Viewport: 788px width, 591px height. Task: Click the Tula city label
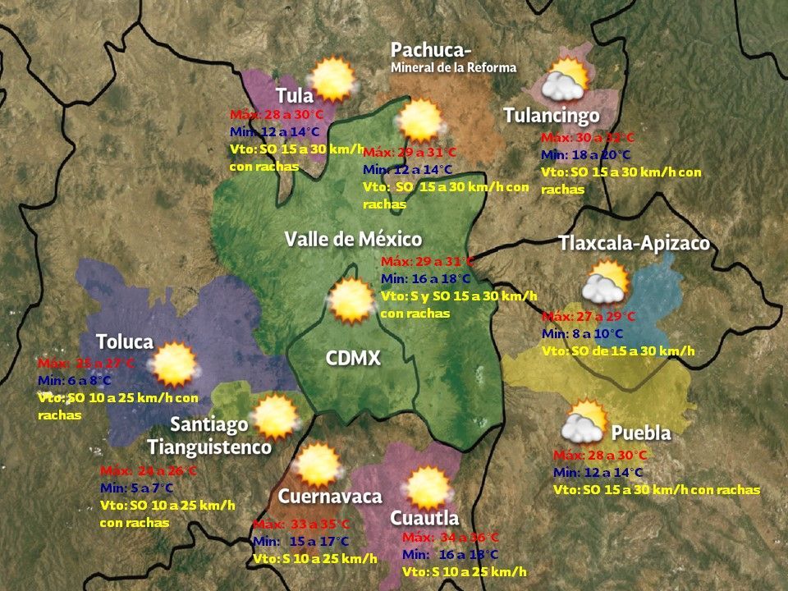pos(295,95)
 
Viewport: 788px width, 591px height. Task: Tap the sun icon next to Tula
pos(333,79)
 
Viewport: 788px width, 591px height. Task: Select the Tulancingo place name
pos(552,116)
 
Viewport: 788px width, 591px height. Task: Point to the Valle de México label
pos(353,240)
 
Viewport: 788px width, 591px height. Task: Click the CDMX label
pos(354,359)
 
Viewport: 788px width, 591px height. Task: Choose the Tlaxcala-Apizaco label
pos(634,245)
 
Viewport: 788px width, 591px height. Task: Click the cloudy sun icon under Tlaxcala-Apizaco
pos(606,283)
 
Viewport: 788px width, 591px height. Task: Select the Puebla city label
pos(641,433)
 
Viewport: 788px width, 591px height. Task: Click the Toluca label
pos(125,341)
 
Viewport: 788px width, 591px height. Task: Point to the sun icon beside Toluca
pos(174,364)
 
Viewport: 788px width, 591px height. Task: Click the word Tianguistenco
pos(209,447)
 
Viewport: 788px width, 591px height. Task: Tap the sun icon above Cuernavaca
pos(317,465)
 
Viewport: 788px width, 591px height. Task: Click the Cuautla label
pos(424,519)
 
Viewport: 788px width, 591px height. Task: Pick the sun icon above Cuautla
pos(428,487)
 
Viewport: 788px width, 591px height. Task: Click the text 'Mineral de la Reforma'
pos(454,67)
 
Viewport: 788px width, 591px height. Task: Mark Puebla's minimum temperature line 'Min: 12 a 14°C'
pos(599,472)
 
